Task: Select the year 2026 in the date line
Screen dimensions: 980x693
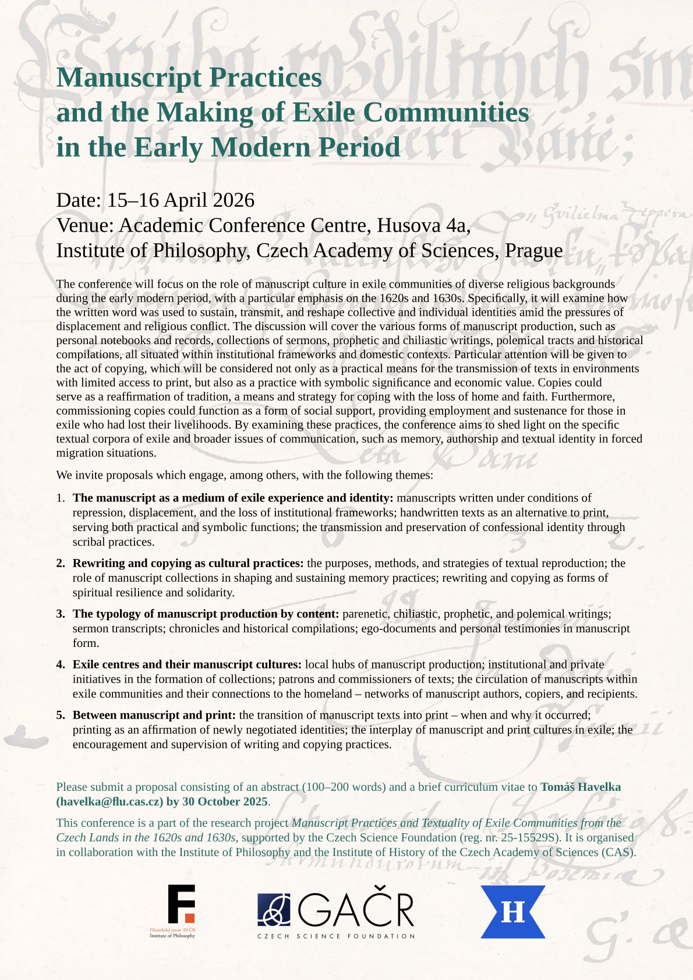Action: pos(233,200)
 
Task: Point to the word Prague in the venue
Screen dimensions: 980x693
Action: pos(533,250)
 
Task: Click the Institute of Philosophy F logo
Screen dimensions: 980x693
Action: pos(181,904)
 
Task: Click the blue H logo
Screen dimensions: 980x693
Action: pos(512,911)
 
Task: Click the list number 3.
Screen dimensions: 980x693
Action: pos(60,614)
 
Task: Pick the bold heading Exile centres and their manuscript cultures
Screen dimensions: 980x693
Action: pos(187,664)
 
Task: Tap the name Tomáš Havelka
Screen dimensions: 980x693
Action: pos(581,787)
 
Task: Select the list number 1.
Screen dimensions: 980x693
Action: pos(60,498)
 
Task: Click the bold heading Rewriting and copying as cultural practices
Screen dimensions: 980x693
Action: pos(188,563)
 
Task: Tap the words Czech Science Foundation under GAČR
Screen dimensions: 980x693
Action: pos(336,936)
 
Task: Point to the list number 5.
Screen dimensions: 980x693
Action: pos(60,715)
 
